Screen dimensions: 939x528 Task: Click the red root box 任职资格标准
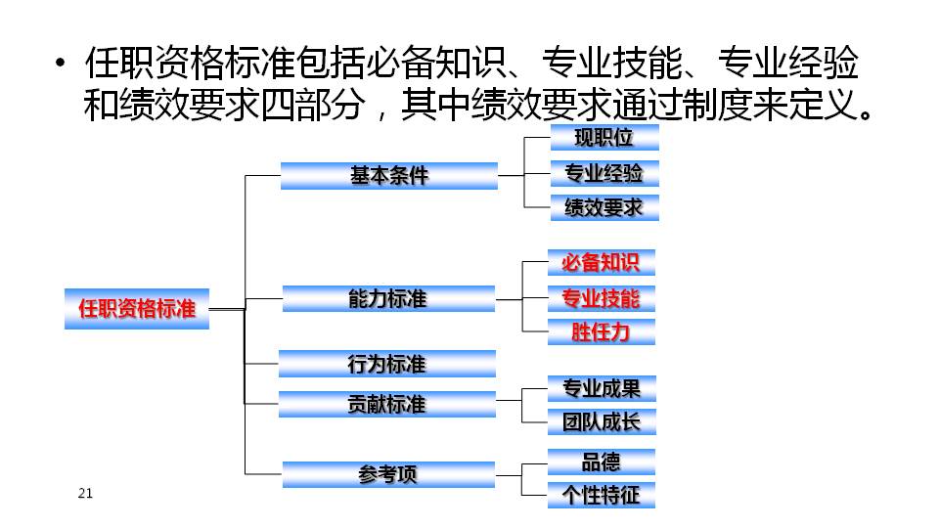click(x=137, y=309)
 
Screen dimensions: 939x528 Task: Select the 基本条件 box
click(x=389, y=176)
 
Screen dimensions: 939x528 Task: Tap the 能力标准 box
click(x=388, y=299)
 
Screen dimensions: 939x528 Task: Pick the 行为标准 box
click(x=387, y=364)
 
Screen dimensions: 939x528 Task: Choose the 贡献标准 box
click(x=387, y=404)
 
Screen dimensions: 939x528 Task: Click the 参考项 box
click(x=388, y=475)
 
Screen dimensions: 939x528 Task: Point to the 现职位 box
click(x=604, y=138)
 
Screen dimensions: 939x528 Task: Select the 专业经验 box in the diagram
click(x=604, y=173)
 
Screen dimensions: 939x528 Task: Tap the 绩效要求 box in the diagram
click(x=604, y=207)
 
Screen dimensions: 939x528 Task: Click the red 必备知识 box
click(x=602, y=263)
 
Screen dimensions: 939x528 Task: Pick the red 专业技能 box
click(x=602, y=298)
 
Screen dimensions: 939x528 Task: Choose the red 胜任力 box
click(x=602, y=331)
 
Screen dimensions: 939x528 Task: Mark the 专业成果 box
click(x=602, y=388)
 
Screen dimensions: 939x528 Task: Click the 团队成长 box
click(x=602, y=422)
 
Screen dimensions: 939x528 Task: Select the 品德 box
click(x=602, y=462)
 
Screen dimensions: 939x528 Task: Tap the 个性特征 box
click(x=602, y=495)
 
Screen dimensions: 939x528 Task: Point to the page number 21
click(x=85, y=493)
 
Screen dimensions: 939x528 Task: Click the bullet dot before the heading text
click(x=60, y=63)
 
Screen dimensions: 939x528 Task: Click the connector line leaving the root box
click(x=228, y=310)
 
